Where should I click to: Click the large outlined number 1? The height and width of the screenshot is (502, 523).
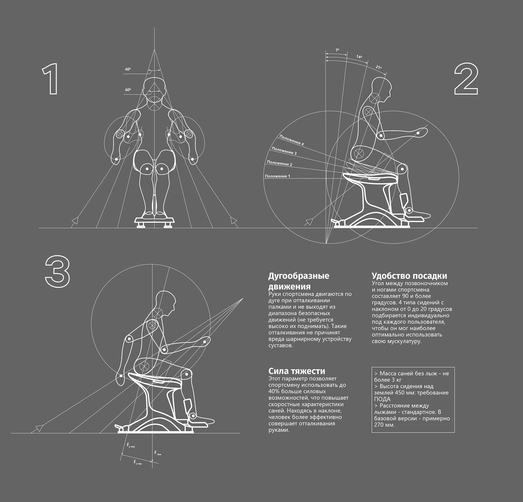(51, 79)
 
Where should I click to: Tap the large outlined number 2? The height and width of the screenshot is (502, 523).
(466, 79)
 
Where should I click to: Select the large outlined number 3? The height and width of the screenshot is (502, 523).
(57, 271)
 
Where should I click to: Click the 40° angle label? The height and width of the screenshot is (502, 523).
(128, 69)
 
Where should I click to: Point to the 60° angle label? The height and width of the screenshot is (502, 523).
(128, 90)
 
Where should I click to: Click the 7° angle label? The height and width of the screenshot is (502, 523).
(337, 50)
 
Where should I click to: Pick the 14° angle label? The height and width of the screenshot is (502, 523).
(359, 57)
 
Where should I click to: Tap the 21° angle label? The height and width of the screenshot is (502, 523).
(379, 67)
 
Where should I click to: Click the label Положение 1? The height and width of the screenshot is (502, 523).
(277, 176)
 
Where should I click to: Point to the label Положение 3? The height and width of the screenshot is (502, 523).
(284, 151)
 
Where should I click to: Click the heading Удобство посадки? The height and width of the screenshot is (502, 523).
(409, 276)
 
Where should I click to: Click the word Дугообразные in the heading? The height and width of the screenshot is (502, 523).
(299, 276)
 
